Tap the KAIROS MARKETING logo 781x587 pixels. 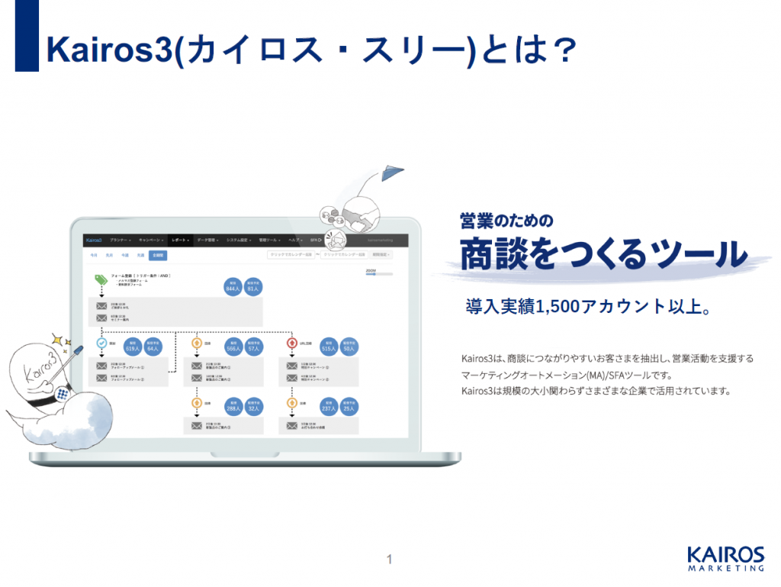coord(725,558)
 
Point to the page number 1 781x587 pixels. coord(389,560)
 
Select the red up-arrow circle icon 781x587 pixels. coord(292,343)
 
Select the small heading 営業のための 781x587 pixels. coord(506,220)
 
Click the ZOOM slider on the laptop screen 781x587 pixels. coord(379,274)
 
